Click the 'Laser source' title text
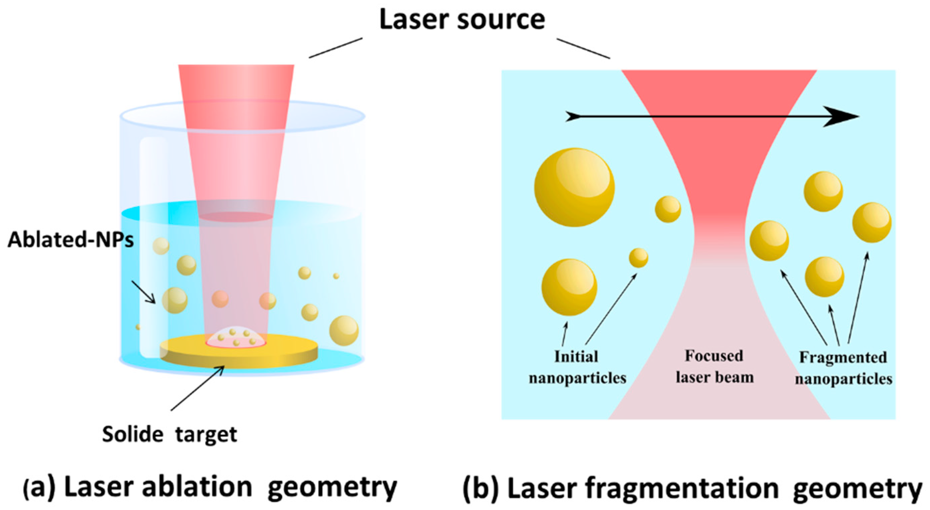point(462,19)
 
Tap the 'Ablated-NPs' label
point(71,239)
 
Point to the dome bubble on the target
point(236,337)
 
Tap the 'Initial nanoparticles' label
point(577,367)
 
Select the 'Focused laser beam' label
point(714,366)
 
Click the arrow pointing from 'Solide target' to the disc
point(198,388)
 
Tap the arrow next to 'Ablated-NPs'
point(144,292)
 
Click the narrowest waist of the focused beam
point(718,235)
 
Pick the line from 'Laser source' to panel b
point(583,48)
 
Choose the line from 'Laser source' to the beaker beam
point(335,48)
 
